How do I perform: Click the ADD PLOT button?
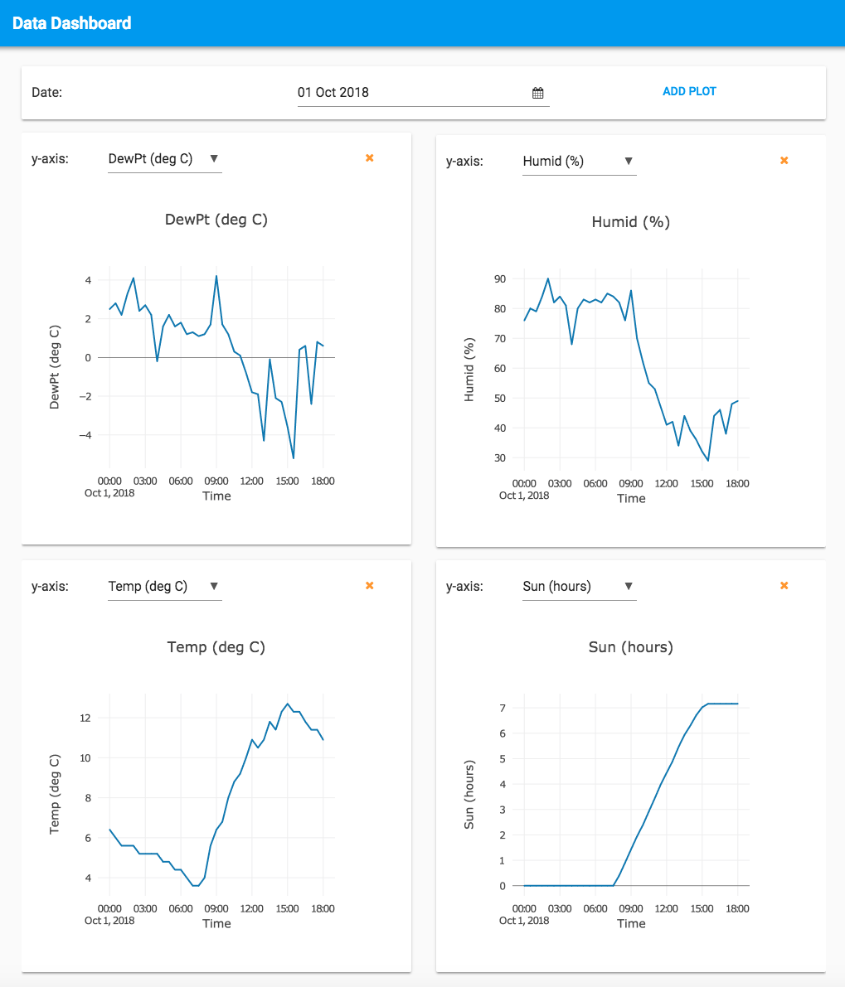click(x=689, y=91)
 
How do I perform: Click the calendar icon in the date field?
click(x=537, y=93)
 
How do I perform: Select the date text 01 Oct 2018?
click(x=333, y=92)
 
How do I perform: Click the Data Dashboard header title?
click(x=72, y=23)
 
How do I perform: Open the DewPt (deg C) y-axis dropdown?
click(x=164, y=158)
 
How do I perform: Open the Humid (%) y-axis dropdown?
click(x=579, y=161)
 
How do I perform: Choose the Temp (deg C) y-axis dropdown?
click(x=164, y=586)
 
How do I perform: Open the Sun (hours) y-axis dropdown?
click(x=579, y=586)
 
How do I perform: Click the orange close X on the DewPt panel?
click(x=370, y=157)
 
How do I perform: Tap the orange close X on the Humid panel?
click(x=784, y=160)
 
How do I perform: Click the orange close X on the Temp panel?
click(x=370, y=585)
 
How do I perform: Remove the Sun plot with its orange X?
click(x=784, y=585)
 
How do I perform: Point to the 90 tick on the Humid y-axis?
click(x=499, y=278)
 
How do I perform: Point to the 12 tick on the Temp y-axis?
click(x=85, y=718)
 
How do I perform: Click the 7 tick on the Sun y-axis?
click(x=502, y=708)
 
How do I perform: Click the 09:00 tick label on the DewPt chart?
click(x=216, y=481)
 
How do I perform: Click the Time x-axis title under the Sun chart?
click(x=631, y=923)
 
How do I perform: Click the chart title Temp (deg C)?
click(x=216, y=646)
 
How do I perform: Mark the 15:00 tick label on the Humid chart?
click(x=702, y=483)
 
